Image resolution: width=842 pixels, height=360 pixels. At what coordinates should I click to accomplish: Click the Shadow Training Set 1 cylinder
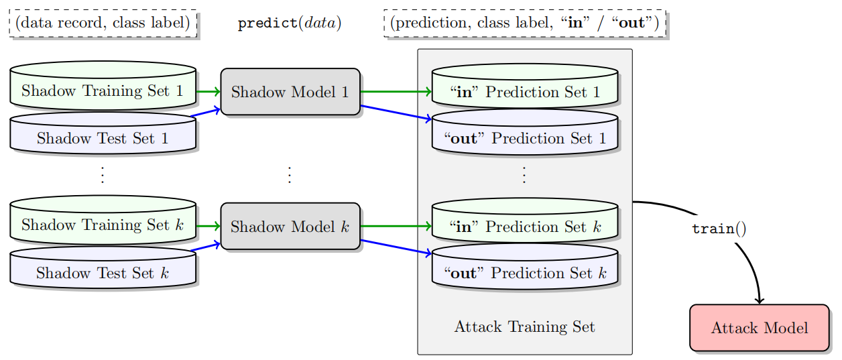tap(103, 91)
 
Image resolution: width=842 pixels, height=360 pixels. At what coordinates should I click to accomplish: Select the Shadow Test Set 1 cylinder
tap(103, 138)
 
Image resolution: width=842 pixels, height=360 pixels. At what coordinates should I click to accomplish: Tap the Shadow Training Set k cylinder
tap(103, 225)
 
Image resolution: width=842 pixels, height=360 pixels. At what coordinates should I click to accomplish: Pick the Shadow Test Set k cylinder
tap(103, 273)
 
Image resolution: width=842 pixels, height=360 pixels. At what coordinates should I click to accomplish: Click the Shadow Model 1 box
tap(290, 92)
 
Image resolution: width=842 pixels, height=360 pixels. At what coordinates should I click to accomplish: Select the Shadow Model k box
tap(290, 227)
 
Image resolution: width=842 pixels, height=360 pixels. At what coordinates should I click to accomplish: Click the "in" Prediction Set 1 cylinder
tap(524, 92)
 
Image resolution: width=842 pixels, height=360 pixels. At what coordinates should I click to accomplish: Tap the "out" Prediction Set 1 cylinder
tap(524, 138)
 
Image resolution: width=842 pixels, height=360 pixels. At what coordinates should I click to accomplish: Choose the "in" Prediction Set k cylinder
tap(524, 227)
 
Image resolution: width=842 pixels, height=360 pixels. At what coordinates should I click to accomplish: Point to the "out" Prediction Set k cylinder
tap(524, 273)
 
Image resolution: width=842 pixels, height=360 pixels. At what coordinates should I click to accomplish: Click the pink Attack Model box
tap(759, 328)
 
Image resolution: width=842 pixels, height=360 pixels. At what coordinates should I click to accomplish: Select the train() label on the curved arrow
tap(719, 229)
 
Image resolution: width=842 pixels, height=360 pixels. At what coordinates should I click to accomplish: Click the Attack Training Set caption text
tap(524, 326)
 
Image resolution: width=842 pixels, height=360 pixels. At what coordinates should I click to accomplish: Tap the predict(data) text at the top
tap(290, 23)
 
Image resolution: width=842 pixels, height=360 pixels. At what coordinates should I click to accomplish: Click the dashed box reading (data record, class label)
tap(103, 23)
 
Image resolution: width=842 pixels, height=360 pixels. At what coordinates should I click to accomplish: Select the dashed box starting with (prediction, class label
tap(524, 23)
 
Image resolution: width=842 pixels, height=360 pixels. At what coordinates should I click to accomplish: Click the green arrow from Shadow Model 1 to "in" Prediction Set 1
tap(396, 92)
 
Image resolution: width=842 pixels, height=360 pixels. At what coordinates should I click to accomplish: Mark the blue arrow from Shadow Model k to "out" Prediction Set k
tap(396, 247)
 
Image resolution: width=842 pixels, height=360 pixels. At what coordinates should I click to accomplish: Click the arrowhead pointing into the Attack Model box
tap(760, 300)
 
